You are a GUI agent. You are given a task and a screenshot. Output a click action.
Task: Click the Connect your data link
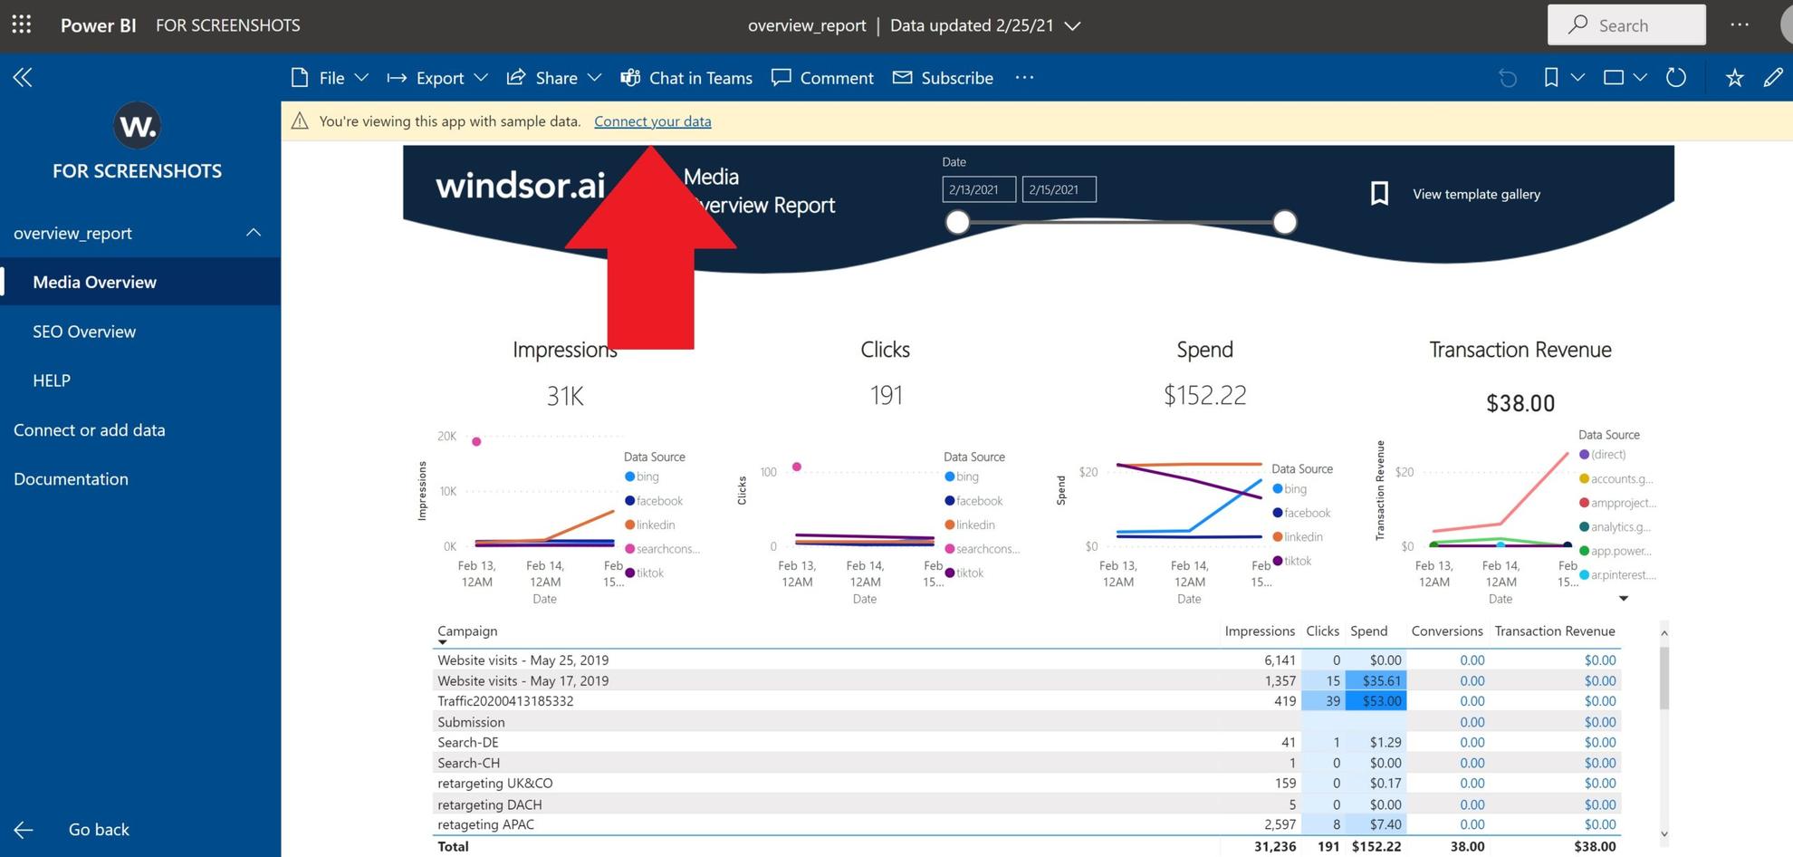pyautogui.click(x=652, y=121)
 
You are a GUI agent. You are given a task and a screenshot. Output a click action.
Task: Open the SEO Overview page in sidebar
pyautogui.click(x=84, y=332)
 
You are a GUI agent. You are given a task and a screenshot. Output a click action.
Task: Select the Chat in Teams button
pyautogui.click(x=686, y=78)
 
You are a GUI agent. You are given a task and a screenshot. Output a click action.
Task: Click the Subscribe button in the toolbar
pyautogui.click(x=943, y=78)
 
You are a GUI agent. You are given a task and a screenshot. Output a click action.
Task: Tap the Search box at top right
pyautogui.click(x=1626, y=25)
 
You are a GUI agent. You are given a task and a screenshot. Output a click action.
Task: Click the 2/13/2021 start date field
pyautogui.click(x=978, y=189)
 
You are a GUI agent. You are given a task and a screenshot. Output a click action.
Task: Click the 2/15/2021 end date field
pyautogui.click(x=1059, y=189)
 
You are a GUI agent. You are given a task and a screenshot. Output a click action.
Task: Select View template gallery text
pyautogui.click(x=1476, y=194)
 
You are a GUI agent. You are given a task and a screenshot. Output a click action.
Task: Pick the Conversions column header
pyautogui.click(x=1446, y=631)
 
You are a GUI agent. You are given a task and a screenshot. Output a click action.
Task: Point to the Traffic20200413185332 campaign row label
pyautogui.click(x=505, y=701)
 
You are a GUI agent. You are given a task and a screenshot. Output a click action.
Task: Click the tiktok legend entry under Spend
pyautogui.click(x=1297, y=562)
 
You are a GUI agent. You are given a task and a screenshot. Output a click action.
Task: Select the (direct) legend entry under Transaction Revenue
pyautogui.click(x=1607, y=455)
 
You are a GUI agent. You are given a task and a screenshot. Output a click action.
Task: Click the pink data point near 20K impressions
pyautogui.click(x=476, y=441)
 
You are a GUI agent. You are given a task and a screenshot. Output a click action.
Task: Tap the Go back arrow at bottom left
pyautogui.click(x=24, y=830)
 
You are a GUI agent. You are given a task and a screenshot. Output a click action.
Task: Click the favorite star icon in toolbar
pyautogui.click(x=1734, y=78)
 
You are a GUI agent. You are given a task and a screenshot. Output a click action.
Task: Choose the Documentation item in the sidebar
pyautogui.click(x=71, y=479)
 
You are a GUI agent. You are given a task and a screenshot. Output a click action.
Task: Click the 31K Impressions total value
pyautogui.click(x=565, y=396)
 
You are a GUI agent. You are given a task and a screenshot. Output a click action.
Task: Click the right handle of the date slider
pyautogui.click(x=1284, y=222)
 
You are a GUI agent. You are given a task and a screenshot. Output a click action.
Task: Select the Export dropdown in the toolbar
pyautogui.click(x=438, y=78)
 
